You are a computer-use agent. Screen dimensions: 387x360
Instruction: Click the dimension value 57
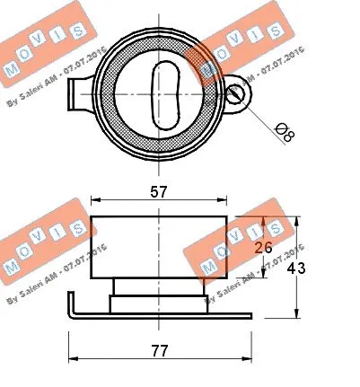coord(158,191)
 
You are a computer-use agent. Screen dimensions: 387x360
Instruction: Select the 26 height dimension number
coord(263,248)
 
